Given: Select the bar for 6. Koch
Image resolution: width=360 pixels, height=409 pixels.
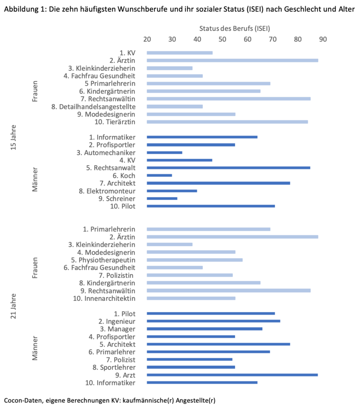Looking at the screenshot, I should pos(159,176).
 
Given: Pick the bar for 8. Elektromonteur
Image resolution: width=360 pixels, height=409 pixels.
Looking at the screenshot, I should pos(172,191).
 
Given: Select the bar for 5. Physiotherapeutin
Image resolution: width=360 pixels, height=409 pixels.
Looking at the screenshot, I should pos(195,260).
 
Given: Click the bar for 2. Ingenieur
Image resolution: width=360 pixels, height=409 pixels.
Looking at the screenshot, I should pos(213,321).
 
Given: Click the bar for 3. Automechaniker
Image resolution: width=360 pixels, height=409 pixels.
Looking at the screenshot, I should pos(164,152).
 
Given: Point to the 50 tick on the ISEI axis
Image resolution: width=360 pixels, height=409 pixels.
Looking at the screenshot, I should pos(222,39).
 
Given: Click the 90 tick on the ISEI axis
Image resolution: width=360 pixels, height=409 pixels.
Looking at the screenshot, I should pos(323,39).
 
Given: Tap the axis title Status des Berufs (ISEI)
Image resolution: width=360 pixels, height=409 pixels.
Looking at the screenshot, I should pos(235,29).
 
